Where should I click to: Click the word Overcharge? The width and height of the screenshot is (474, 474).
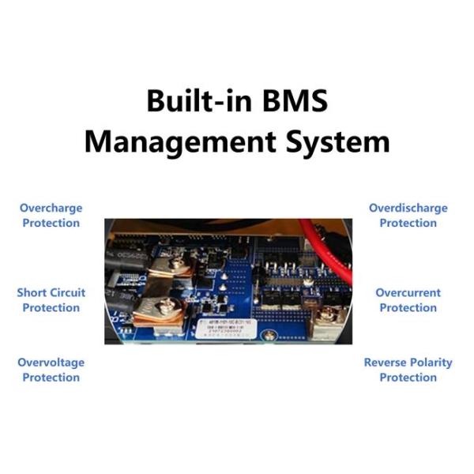pyautogui.click(x=51, y=209)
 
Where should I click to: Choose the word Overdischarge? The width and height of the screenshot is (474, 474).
pyautogui.click(x=408, y=209)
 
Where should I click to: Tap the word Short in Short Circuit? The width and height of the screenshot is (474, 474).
pyautogui.click(x=32, y=292)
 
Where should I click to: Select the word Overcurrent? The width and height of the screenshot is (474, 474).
pyautogui.click(x=408, y=292)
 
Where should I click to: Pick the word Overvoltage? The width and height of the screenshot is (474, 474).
pyautogui.click(x=51, y=363)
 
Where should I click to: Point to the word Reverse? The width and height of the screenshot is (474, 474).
pyautogui.click(x=386, y=363)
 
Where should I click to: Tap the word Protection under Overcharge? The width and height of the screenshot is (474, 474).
pyautogui.click(x=51, y=223)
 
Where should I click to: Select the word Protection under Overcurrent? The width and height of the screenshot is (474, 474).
pyautogui.click(x=408, y=307)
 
